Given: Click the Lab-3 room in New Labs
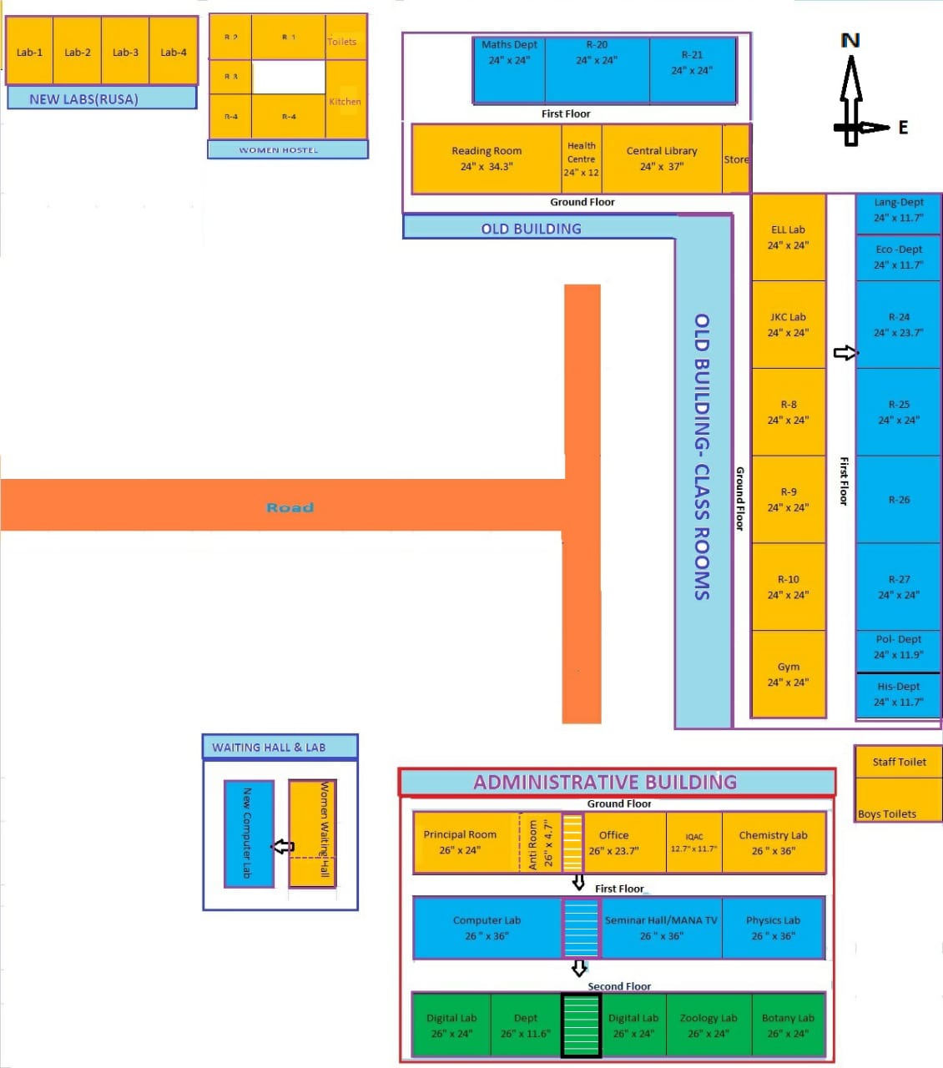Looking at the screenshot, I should (x=125, y=52).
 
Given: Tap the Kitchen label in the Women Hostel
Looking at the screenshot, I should (x=345, y=102).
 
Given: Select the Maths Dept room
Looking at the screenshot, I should (x=509, y=68).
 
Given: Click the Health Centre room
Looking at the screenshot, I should (x=582, y=159).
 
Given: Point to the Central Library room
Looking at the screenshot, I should (x=662, y=159).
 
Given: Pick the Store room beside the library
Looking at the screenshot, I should (x=736, y=159).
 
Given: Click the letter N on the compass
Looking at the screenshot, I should (x=850, y=40).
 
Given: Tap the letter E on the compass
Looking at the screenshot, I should (x=903, y=128).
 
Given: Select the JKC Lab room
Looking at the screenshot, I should (x=788, y=325).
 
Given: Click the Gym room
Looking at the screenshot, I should (x=788, y=674).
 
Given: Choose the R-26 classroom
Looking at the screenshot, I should (x=899, y=500).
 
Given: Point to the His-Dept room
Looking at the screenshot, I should (x=898, y=694).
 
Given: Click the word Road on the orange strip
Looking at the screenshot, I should (x=290, y=507).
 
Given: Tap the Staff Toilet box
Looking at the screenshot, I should (x=899, y=762).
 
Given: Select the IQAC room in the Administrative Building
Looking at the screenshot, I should (x=694, y=843).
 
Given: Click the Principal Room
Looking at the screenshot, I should (x=460, y=843).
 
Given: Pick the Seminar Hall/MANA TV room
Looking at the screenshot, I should (x=661, y=928).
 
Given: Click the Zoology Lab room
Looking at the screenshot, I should (x=709, y=1025).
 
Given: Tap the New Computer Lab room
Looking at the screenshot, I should (x=249, y=833).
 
